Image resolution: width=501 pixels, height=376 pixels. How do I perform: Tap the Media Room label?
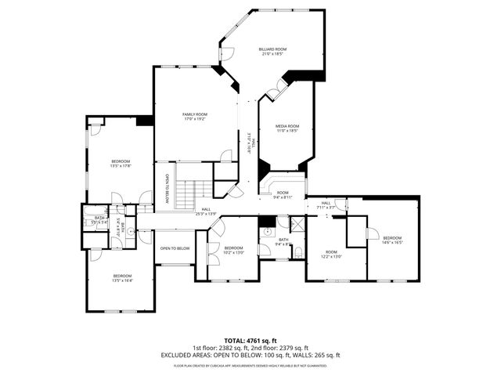(x=287, y=128)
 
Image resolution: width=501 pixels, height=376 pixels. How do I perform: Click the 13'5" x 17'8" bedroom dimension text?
(x=120, y=165)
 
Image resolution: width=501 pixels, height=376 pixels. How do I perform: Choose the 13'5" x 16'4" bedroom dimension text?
(x=122, y=279)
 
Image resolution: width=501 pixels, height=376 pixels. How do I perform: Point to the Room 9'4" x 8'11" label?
(x=282, y=195)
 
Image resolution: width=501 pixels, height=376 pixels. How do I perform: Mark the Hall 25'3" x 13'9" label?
(x=206, y=211)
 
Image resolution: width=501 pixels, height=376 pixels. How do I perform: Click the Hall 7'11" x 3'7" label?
(x=325, y=205)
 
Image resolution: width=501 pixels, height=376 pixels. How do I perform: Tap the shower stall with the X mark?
(x=297, y=227)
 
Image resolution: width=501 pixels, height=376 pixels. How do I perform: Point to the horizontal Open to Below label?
(x=175, y=248)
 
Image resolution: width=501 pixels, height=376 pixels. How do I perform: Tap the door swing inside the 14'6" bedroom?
(x=373, y=233)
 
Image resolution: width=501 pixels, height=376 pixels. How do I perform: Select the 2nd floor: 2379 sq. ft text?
(x=279, y=348)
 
